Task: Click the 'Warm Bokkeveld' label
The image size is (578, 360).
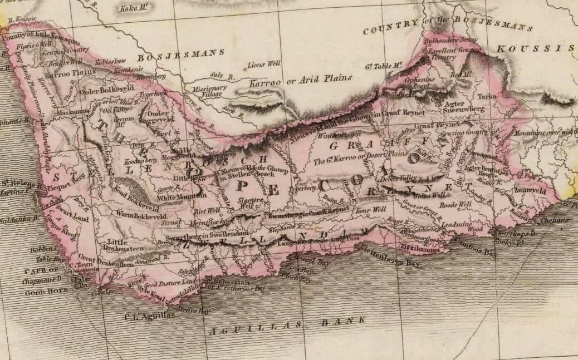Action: (x=138, y=213)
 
